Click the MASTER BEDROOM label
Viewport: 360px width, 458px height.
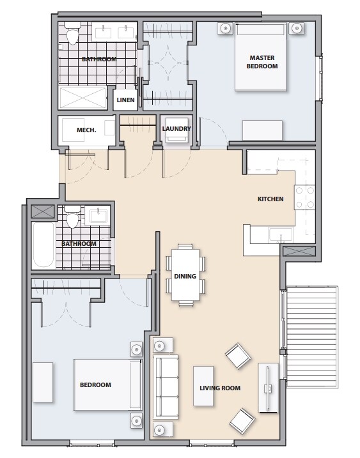tap(263, 62)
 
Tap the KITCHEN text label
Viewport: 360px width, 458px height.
tap(270, 199)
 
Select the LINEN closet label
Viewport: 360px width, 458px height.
tap(125, 100)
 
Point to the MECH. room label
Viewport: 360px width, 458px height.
tap(86, 130)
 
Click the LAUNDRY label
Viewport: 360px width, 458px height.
tap(176, 129)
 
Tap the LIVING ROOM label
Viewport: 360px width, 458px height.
tap(219, 388)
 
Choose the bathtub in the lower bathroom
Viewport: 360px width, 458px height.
tap(44, 245)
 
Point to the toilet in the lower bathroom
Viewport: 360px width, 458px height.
tap(72, 219)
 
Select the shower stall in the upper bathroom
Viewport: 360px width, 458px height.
tap(84, 98)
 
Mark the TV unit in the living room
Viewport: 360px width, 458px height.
tap(268, 387)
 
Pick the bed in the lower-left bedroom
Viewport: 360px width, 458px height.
tap(107, 385)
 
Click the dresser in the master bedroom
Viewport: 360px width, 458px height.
tap(262, 130)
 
